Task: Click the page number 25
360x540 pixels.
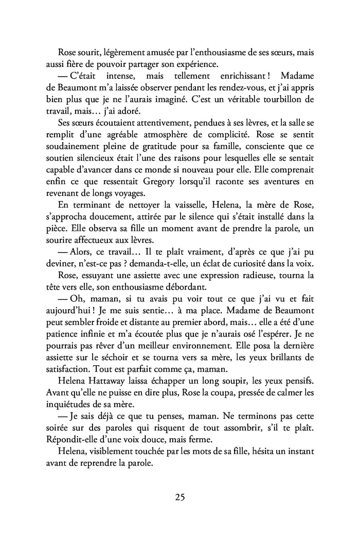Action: pyautogui.click(x=180, y=497)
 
